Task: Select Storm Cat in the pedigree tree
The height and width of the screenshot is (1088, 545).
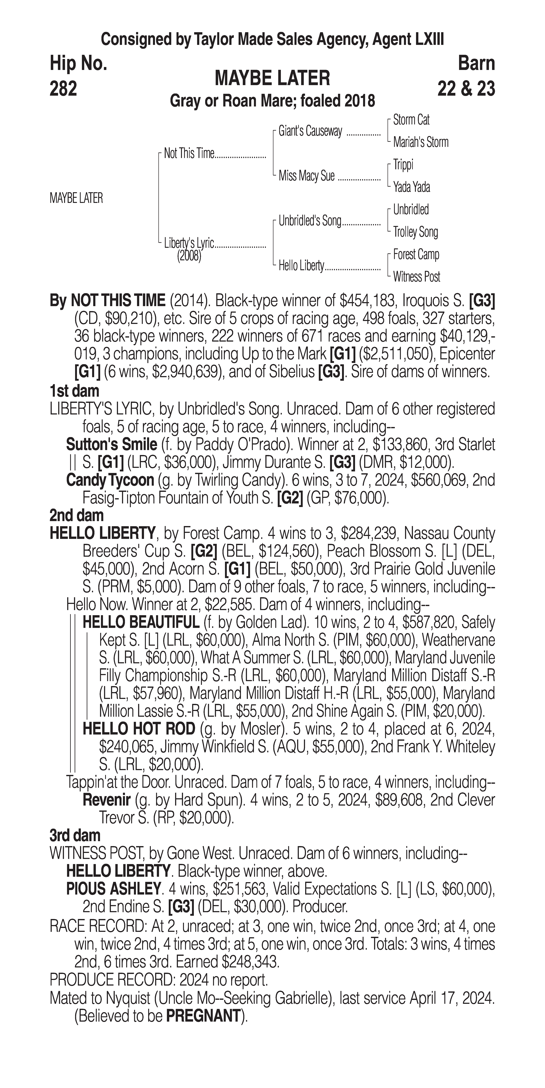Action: tap(411, 120)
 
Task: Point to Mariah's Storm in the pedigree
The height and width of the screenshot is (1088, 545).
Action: tap(420, 142)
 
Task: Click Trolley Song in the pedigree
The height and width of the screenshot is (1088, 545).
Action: tap(415, 232)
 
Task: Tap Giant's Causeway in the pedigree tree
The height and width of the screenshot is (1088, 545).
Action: tap(310, 131)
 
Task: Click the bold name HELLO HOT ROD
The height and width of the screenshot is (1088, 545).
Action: tap(139, 729)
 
